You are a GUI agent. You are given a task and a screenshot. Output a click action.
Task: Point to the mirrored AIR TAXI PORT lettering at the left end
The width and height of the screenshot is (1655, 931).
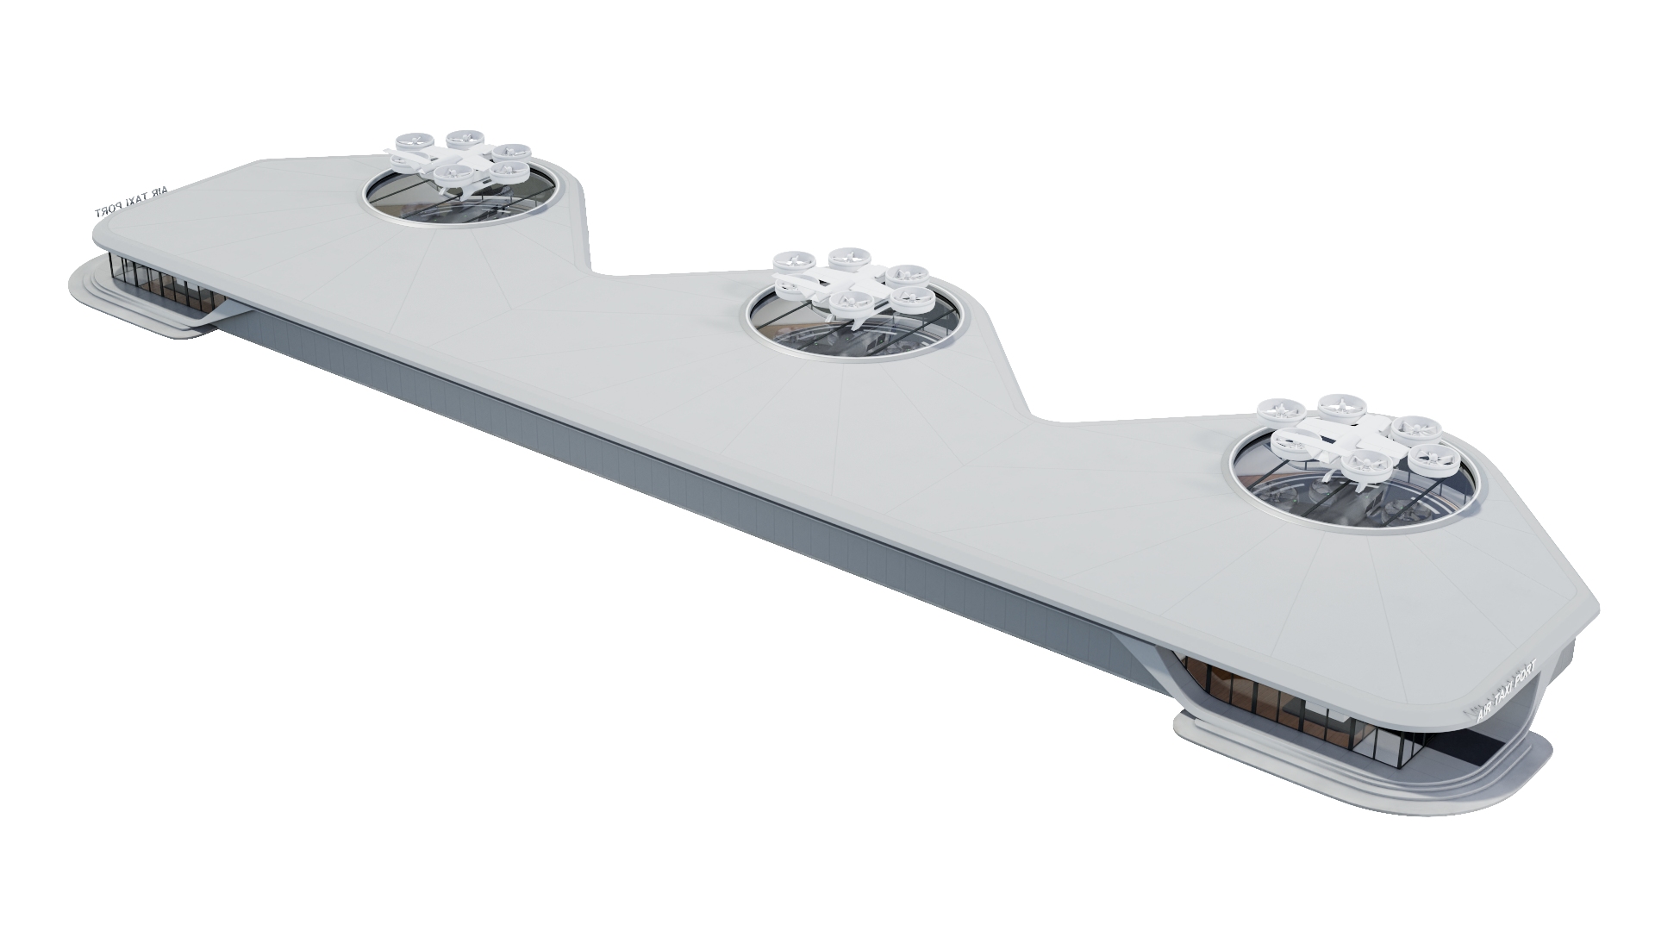click(134, 203)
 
